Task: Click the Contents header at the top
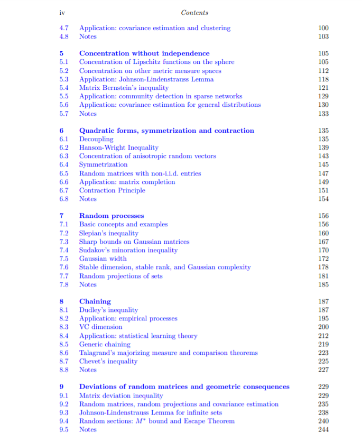point(194,13)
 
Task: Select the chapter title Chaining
point(95,301)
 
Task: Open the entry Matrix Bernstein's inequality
point(124,88)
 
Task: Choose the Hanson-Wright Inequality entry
point(118,148)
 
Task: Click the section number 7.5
point(64,259)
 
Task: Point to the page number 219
point(323,344)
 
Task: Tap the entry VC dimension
point(100,327)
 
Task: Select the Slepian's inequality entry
point(108,233)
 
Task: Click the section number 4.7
point(64,28)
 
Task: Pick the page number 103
point(323,36)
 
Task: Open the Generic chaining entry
point(105,344)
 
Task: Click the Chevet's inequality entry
point(108,361)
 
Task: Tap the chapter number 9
point(62,386)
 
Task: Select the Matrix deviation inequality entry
point(121,395)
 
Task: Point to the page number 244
point(323,429)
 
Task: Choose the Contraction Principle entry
point(112,190)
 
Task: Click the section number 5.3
point(64,79)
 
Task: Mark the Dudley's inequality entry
point(108,310)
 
